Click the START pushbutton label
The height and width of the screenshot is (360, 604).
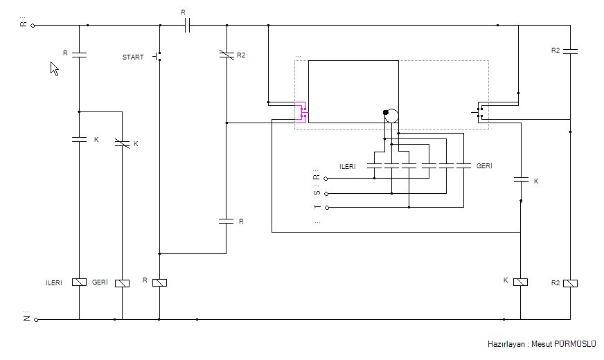[133, 57]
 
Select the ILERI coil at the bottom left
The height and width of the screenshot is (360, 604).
[80, 282]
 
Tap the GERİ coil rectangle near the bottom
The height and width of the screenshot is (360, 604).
[122, 283]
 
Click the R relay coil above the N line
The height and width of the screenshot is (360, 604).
[159, 282]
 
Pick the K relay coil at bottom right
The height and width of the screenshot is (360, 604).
[520, 282]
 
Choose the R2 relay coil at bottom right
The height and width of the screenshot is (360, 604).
[570, 283]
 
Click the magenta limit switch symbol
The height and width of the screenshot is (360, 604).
[301, 112]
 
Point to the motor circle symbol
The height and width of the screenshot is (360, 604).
[391, 116]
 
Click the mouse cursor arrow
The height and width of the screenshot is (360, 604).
[55, 69]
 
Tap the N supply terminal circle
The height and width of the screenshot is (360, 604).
[36, 320]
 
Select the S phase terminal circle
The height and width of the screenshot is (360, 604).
[326, 194]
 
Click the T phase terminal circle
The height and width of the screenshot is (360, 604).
[327, 208]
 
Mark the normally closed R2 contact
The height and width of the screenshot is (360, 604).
[226, 55]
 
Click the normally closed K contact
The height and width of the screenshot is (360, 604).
[122, 143]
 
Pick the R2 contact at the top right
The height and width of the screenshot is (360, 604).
[570, 51]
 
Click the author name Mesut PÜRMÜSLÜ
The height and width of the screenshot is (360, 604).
[564, 344]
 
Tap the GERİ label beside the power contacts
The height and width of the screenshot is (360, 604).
[484, 166]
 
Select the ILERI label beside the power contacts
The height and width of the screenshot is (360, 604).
[348, 167]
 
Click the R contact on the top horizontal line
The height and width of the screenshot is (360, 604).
[187, 26]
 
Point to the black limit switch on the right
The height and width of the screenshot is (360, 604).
[479, 112]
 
